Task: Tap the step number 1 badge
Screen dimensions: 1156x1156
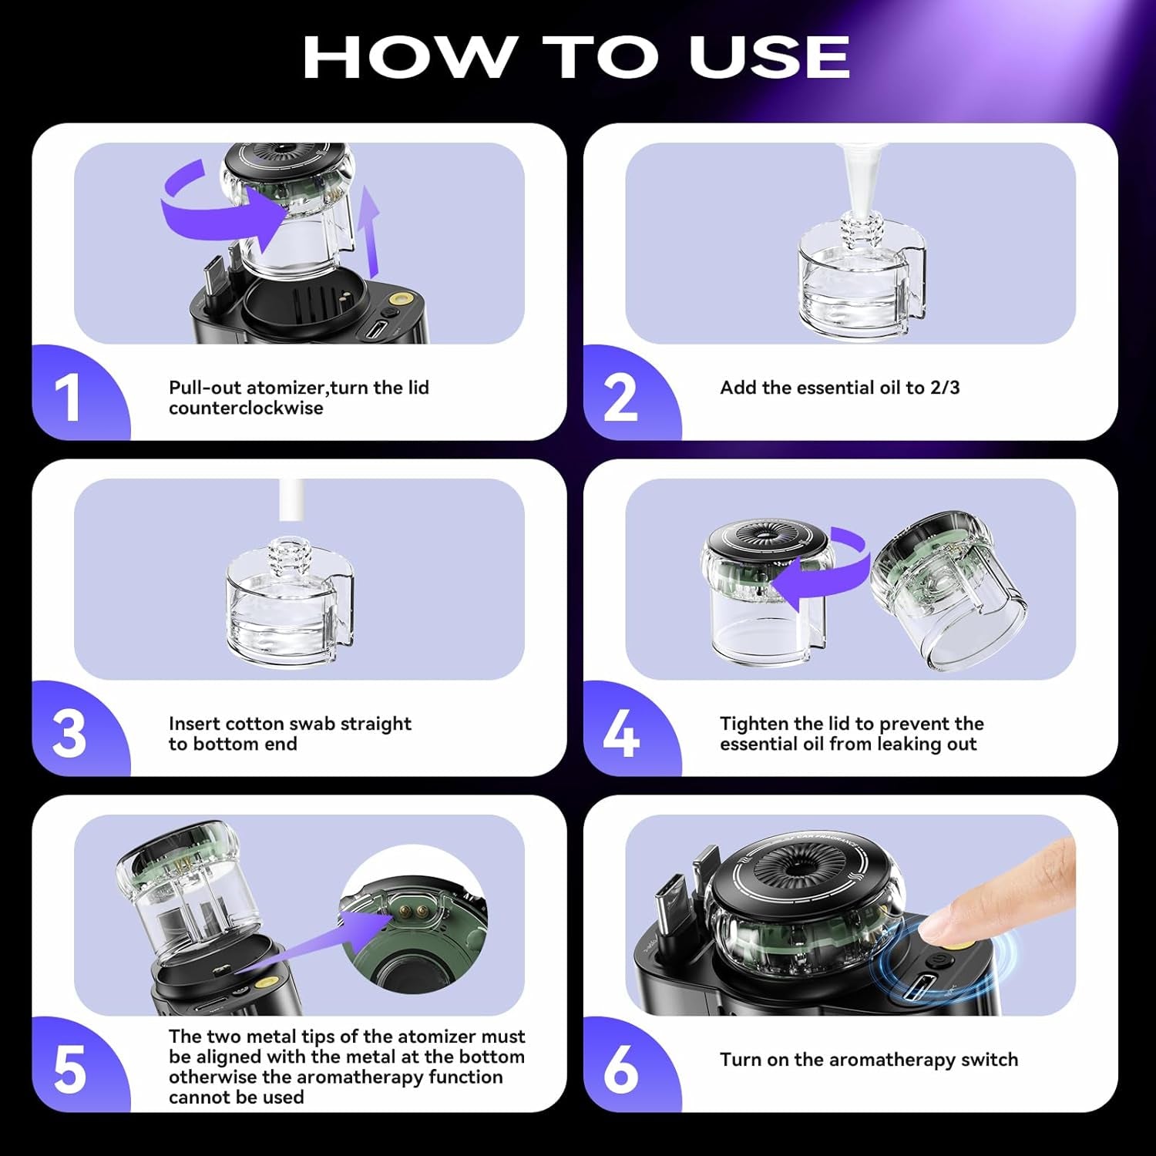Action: coord(69,398)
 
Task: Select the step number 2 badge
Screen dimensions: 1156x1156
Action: coord(620,398)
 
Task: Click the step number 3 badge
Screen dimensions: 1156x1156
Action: coord(69,734)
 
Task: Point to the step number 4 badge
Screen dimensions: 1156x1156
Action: coord(620,734)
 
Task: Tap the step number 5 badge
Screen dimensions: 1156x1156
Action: coord(69,1070)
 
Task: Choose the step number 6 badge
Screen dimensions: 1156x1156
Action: coord(620,1070)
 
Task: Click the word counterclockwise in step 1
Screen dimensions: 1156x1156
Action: coord(246,408)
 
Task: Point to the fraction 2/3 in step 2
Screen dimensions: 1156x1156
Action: coord(944,388)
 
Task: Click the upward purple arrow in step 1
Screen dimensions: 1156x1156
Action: coord(371,231)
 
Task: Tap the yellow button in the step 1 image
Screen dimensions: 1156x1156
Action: coord(399,299)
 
